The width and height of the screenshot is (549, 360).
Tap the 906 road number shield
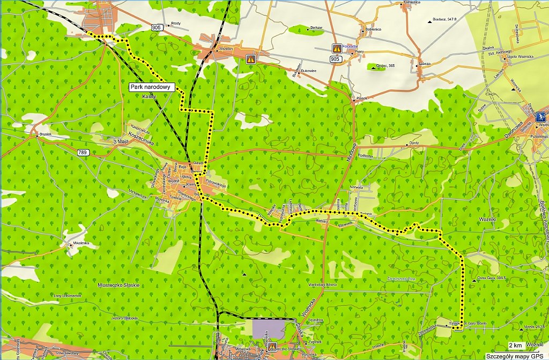[x=156, y=28]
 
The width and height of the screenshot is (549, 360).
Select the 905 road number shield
[x=335, y=59]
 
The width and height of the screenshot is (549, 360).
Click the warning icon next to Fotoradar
[x=337, y=48]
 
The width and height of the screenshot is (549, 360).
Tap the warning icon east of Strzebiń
[x=250, y=59]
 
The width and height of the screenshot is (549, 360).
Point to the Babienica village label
[x=372, y=29]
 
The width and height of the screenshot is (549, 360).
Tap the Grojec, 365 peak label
[x=385, y=66]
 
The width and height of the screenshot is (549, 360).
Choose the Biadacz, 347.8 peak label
[x=446, y=19]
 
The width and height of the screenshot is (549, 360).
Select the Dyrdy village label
[x=414, y=143]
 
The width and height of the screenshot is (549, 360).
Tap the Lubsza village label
[x=425, y=63]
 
